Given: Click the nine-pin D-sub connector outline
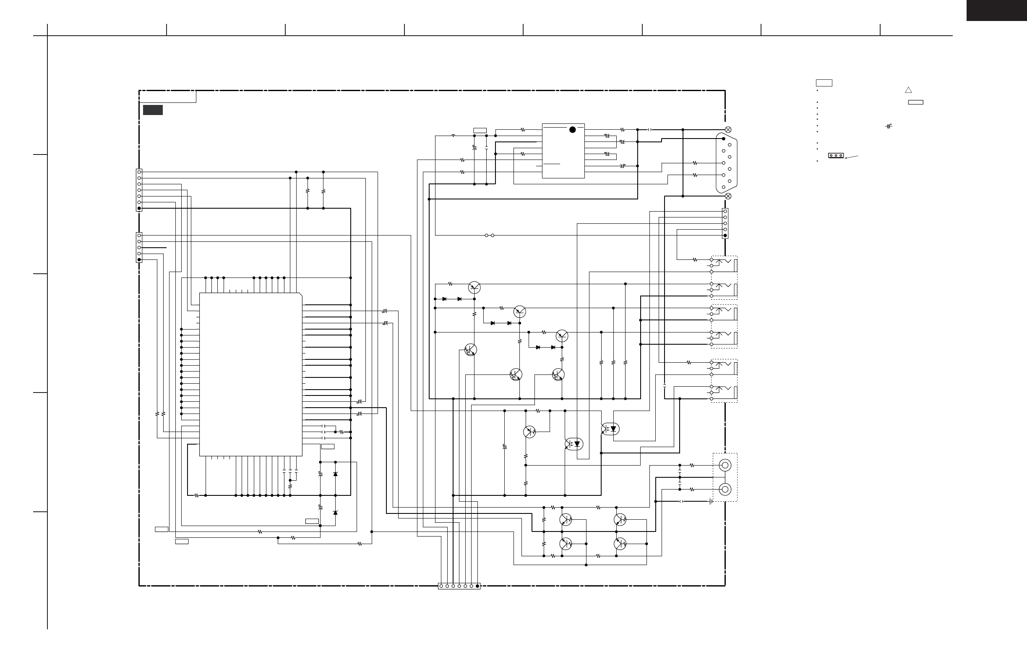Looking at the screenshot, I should [726, 163].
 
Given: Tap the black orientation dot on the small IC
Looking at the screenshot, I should [573, 130].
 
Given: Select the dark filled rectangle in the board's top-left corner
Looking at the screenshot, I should [153, 110].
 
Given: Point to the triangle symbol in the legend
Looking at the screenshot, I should [908, 90].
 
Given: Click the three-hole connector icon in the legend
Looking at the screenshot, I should [836, 155].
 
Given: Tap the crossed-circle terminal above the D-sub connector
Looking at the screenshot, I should [728, 130].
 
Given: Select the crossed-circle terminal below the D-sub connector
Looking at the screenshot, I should [728, 196].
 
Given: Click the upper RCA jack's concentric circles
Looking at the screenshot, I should [725, 465].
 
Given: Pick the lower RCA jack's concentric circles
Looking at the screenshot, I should [725, 489].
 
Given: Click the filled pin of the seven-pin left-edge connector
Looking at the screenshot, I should [139, 208].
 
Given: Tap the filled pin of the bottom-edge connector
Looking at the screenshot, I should [477, 586].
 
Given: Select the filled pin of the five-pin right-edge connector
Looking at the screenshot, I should [725, 236].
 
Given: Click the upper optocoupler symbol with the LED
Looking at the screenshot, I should [610, 429].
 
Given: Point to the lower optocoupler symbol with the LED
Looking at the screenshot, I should [574, 444].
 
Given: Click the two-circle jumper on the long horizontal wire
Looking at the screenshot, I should [489, 236].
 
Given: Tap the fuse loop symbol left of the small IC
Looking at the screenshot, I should [453, 136].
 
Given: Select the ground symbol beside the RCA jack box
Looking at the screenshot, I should [711, 501].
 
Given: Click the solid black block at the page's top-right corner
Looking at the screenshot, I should [996, 10].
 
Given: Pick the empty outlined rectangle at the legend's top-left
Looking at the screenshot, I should [824, 83].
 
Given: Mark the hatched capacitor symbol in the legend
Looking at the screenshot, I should [888, 126].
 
